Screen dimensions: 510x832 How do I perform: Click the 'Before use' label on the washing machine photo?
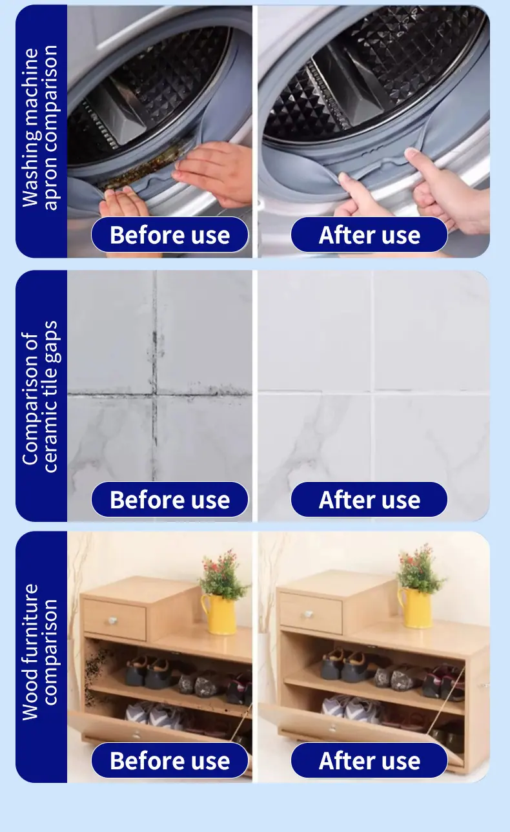tap(170, 234)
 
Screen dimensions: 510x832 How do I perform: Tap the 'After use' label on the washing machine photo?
tap(369, 234)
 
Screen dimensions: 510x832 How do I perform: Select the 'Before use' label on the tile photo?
tap(170, 499)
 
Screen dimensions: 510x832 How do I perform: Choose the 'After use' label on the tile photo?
tap(369, 499)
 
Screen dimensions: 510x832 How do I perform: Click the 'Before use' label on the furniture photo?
tap(170, 760)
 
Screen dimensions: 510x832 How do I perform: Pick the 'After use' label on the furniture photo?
tap(369, 760)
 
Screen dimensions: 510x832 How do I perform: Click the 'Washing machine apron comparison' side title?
tap(40, 127)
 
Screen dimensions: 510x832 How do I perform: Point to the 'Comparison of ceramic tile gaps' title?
tap(40, 396)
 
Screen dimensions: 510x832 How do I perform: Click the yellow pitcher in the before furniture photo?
tap(218, 614)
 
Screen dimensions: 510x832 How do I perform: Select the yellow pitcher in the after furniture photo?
tap(415, 608)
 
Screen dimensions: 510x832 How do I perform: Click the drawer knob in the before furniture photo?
tap(113, 619)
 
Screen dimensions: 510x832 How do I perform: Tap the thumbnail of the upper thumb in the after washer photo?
tap(411, 152)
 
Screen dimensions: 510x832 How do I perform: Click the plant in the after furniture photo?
tap(420, 568)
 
